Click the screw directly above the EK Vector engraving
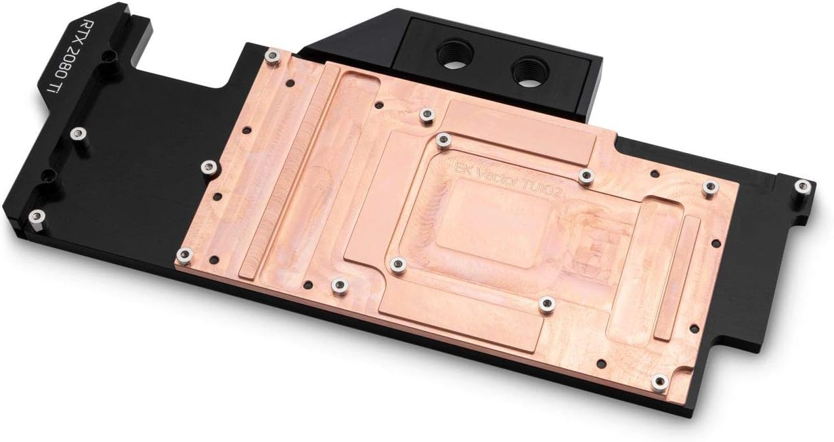[444, 141]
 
